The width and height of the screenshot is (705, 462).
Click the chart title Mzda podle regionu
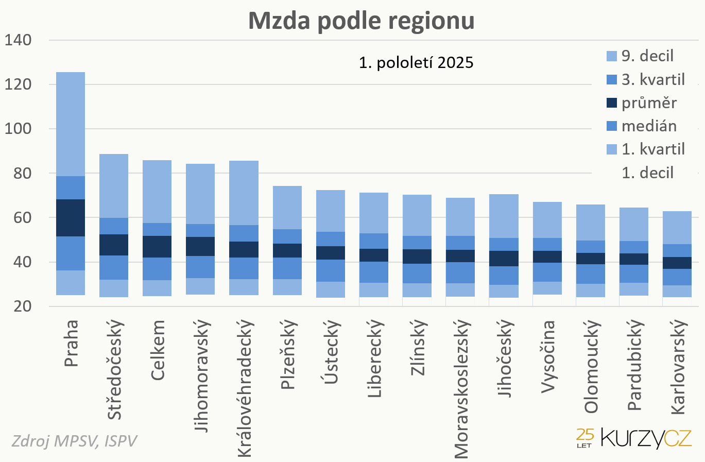[361, 21]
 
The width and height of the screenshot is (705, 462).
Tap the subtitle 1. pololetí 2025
[416, 62]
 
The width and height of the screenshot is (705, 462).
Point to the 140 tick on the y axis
[18, 40]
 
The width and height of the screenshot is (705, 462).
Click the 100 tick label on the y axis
[18, 128]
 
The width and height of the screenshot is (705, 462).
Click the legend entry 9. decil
[647, 56]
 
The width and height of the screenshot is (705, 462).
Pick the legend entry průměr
[648, 102]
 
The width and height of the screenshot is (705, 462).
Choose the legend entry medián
[648, 126]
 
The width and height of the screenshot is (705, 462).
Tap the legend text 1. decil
[647, 173]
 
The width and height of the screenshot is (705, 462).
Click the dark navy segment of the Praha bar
[70, 217]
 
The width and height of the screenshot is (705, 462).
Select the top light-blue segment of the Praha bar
[70, 124]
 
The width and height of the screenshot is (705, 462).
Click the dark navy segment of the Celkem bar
[157, 247]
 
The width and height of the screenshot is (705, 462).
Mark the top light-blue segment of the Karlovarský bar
[677, 227]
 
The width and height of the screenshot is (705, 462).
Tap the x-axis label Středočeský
[114, 369]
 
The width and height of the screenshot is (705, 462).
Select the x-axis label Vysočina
[547, 356]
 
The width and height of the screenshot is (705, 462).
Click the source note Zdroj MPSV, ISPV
[74, 441]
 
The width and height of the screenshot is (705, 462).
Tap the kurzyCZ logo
[634, 438]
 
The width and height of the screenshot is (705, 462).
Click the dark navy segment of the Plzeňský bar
[287, 250]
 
